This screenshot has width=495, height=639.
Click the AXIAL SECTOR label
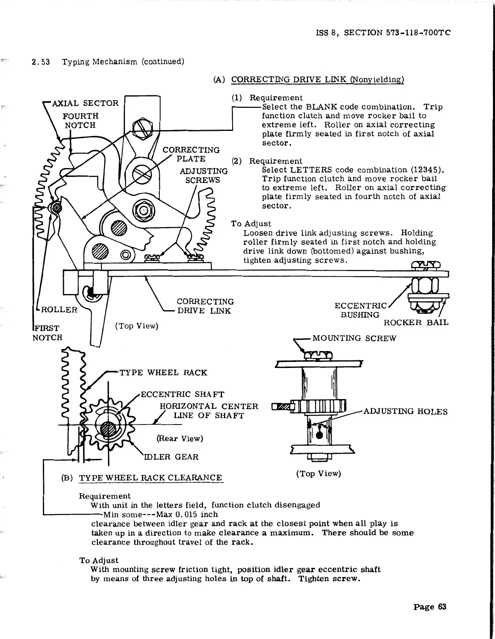coord(86,103)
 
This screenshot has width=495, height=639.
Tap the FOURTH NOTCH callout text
coord(80,120)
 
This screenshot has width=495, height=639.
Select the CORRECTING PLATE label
coord(191,154)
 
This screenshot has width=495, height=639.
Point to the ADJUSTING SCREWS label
coord(203,176)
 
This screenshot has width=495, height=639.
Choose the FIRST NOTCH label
coord(47,332)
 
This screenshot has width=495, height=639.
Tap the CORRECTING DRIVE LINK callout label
coord(205,306)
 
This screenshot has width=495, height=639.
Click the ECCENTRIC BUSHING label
coord(360,310)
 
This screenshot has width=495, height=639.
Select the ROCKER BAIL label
coord(416,322)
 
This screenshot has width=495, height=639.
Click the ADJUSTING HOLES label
coord(405,412)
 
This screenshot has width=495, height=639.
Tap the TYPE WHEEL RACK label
coord(163,372)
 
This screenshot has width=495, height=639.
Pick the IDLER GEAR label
coord(172,457)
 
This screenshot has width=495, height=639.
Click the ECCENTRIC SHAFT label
coord(182,394)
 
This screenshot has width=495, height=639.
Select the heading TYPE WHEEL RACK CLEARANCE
coord(150,478)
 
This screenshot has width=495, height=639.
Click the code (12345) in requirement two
coord(420,170)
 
